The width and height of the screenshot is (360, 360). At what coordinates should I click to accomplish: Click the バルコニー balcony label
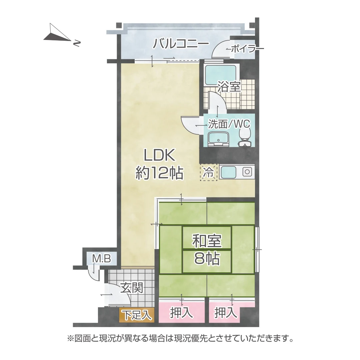(x=181, y=44)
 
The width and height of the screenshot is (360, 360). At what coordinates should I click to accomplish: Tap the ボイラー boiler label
(x=247, y=49)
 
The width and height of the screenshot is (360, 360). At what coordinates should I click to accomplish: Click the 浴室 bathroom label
(x=229, y=87)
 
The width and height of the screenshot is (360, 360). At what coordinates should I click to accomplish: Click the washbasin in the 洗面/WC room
(x=218, y=139)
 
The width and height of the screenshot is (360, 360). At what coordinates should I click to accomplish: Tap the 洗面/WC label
(x=229, y=124)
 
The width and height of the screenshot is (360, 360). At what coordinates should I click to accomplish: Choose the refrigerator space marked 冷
(x=208, y=172)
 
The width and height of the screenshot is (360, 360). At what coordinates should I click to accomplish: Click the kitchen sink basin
(x=228, y=172)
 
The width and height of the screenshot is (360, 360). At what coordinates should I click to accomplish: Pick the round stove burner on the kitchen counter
(x=247, y=172)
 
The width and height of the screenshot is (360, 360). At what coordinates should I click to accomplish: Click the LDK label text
(x=159, y=155)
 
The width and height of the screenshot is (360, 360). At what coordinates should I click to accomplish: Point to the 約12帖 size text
(x=159, y=173)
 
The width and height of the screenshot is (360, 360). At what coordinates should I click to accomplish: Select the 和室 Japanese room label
(x=207, y=241)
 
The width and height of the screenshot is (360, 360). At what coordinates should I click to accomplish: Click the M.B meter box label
(x=101, y=259)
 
